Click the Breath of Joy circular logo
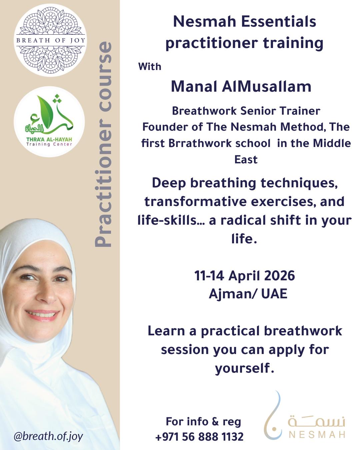[x=50, y=40]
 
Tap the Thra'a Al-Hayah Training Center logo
[x=49, y=122]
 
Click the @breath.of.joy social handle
[x=48, y=436]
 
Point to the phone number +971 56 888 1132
[x=199, y=436]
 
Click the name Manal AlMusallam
[x=241, y=87]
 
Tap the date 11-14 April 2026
[x=245, y=276]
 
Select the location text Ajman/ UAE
[x=248, y=294]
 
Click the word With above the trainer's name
[x=150, y=66]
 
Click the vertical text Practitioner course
[x=103, y=144]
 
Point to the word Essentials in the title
[x=278, y=22]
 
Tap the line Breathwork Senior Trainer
[x=246, y=111]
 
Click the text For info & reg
[x=203, y=421]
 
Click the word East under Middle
[x=246, y=160]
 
